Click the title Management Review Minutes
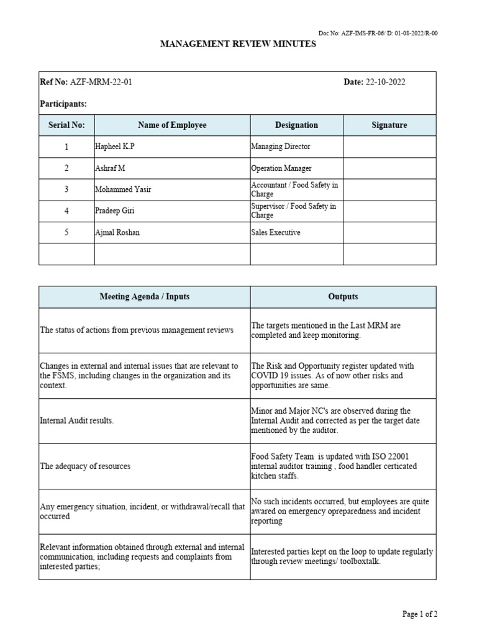[x=238, y=44]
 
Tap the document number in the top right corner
[x=378, y=34]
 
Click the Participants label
[x=63, y=104]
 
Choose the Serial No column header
[x=66, y=125]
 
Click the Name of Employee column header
[x=172, y=125]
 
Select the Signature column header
[x=389, y=125]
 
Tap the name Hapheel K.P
[x=115, y=147]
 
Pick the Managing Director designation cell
[x=281, y=147]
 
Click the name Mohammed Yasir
[x=123, y=189]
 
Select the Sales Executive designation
[x=276, y=232]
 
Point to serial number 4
[x=66, y=211]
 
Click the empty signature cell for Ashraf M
[x=389, y=168]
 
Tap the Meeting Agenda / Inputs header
[x=145, y=297]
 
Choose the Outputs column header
[x=343, y=297]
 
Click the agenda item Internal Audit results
[x=77, y=420]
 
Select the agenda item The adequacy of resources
[x=85, y=466]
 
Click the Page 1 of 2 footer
[x=420, y=614]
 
